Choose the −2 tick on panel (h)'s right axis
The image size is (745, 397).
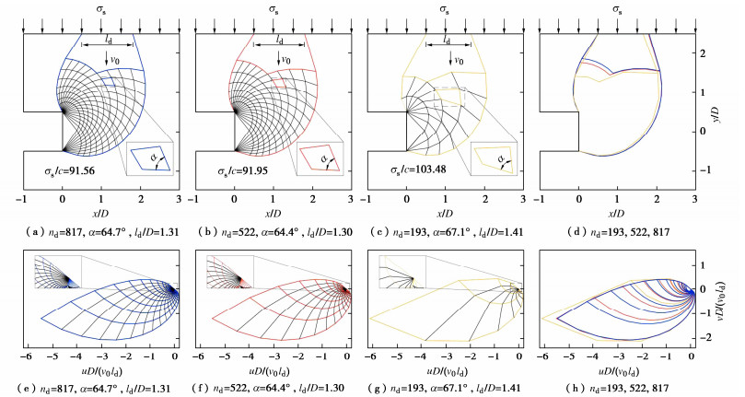tap(708, 338)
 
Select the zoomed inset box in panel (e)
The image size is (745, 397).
tap(57, 273)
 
